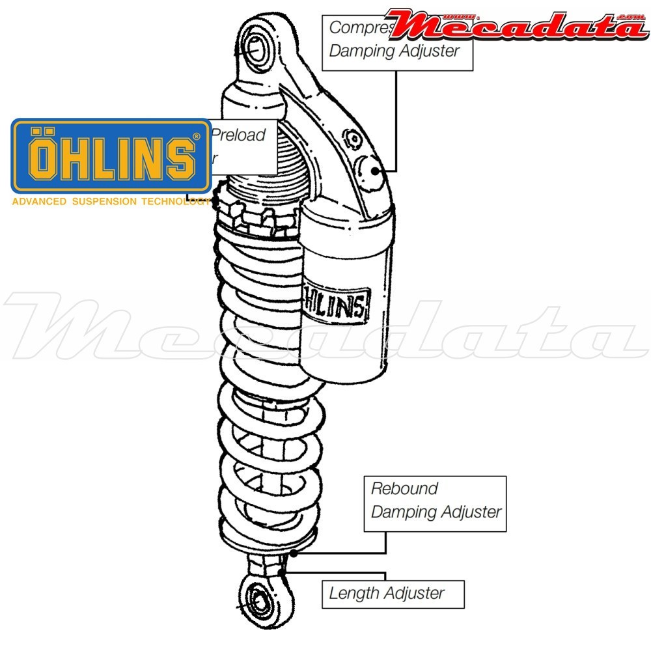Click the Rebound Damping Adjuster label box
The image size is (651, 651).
pyautogui.click(x=435, y=503)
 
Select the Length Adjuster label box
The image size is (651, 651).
pyautogui.click(x=393, y=594)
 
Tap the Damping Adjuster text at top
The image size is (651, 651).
pyautogui.click(x=395, y=51)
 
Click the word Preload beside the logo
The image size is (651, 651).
pyautogui.click(x=239, y=135)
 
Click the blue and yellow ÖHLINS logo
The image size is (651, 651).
pyautogui.click(x=111, y=156)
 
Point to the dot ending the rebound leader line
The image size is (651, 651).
pyautogui.click(x=294, y=553)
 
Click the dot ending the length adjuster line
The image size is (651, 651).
pyautogui.click(x=282, y=572)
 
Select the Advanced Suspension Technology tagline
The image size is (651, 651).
pyautogui.click(x=111, y=202)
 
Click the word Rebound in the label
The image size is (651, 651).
pyautogui.click(x=404, y=488)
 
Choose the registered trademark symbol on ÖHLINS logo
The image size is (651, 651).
pyautogui.click(x=197, y=137)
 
